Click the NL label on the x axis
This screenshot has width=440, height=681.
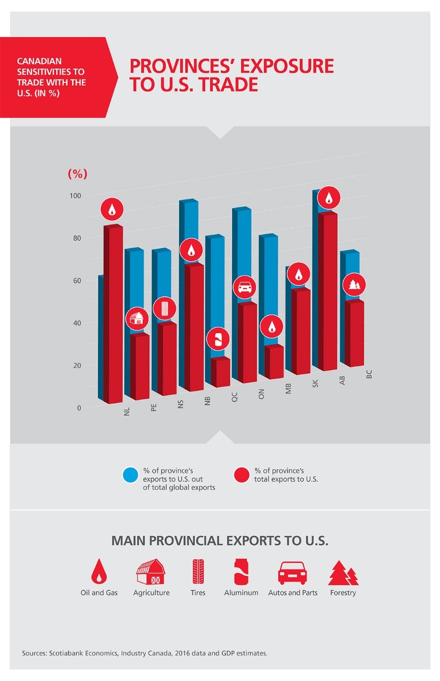click(127, 411)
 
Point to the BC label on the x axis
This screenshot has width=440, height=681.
click(369, 374)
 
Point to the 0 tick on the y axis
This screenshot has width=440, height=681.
click(79, 408)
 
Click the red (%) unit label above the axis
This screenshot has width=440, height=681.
click(78, 173)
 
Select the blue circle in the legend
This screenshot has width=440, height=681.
click(130, 475)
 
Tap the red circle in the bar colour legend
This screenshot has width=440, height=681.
click(242, 475)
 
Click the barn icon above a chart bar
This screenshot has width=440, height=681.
click(137, 319)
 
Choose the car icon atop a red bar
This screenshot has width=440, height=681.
click(244, 287)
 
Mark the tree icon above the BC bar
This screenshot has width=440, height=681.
click(353, 285)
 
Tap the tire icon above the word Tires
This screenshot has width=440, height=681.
click(198, 572)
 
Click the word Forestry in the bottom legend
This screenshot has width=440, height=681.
click(343, 593)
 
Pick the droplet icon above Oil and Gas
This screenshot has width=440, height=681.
click(98, 572)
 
